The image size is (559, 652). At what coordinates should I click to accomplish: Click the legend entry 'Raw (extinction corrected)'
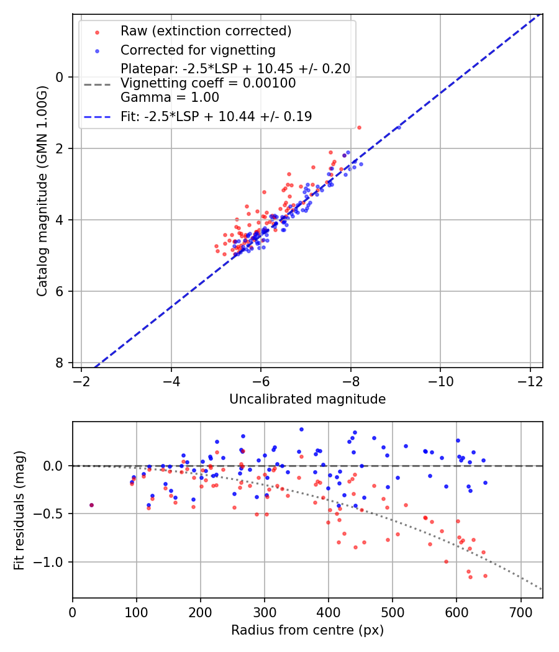(x=206, y=31)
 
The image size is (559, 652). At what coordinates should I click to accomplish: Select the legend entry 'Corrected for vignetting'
(x=198, y=50)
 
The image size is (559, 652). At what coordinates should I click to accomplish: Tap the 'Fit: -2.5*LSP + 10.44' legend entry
(x=216, y=116)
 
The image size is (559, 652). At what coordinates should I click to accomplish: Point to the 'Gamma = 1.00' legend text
(x=170, y=97)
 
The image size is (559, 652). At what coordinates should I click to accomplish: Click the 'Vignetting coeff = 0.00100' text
(x=208, y=83)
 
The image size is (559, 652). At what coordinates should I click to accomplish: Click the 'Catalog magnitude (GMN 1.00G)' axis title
(x=42, y=191)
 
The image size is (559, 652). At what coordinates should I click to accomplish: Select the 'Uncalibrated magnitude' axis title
(x=307, y=399)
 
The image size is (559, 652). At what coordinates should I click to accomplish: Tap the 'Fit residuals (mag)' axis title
(x=19, y=510)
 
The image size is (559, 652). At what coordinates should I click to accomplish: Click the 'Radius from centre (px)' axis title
(x=307, y=630)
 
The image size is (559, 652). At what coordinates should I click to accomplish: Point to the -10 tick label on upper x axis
(x=440, y=380)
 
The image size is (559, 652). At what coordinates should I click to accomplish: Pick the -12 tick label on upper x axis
(x=530, y=380)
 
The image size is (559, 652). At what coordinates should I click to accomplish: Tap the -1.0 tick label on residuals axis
(x=53, y=562)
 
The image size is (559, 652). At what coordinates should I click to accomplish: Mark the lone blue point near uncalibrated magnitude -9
(x=399, y=127)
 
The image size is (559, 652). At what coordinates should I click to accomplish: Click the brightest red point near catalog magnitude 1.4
(x=359, y=127)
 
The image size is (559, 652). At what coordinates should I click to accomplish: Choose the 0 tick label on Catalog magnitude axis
(x=60, y=77)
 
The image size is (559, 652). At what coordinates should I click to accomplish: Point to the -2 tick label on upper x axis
(x=81, y=380)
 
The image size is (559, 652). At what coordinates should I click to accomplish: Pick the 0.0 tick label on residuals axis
(x=55, y=466)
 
